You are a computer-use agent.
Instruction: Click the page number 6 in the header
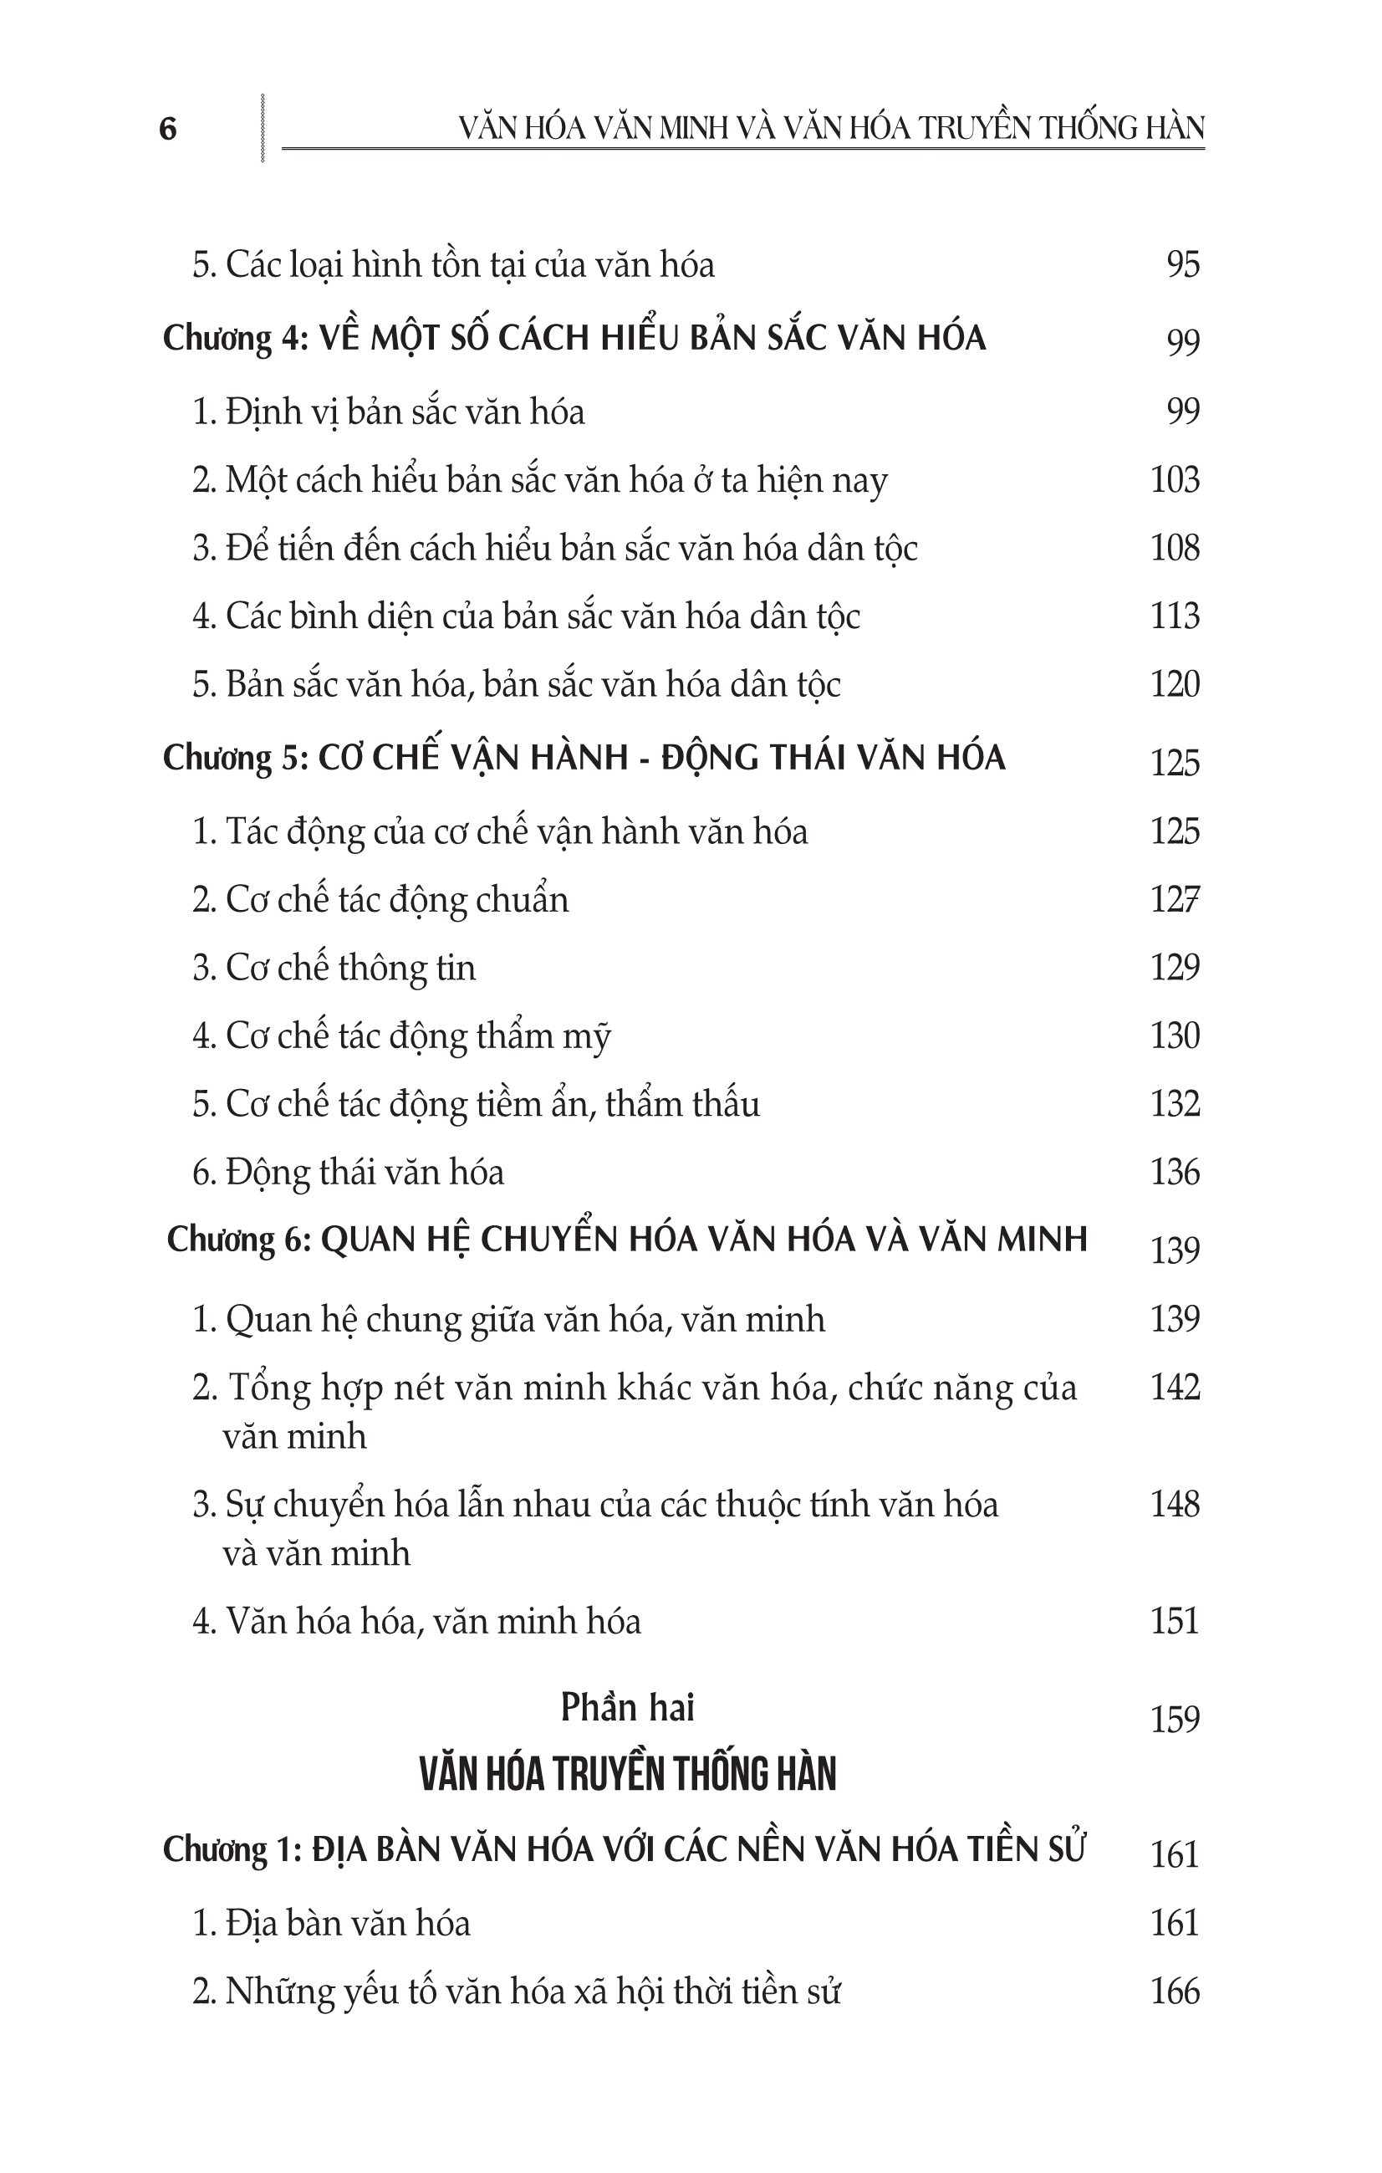(x=168, y=129)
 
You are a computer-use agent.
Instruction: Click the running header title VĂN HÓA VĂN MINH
(x=831, y=128)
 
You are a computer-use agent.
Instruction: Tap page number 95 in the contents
(x=1183, y=264)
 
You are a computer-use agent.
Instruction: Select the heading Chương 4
(x=574, y=339)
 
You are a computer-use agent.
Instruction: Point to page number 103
(x=1175, y=479)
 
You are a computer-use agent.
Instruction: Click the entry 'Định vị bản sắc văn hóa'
(x=389, y=412)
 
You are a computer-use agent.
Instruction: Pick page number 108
(x=1175, y=548)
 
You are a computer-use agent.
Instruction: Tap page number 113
(x=1175, y=616)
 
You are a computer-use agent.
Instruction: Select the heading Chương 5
(x=584, y=758)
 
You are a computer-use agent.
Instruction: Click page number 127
(x=1175, y=900)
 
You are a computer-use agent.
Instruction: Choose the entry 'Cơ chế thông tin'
(x=334, y=968)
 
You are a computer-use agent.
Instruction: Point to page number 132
(x=1175, y=1103)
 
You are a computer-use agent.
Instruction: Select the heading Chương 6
(x=627, y=1240)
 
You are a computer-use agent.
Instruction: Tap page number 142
(x=1175, y=1387)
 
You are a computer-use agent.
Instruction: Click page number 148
(x=1175, y=1505)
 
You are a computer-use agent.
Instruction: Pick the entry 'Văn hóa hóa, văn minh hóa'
(x=416, y=1622)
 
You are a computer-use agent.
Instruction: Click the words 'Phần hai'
(x=627, y=1707)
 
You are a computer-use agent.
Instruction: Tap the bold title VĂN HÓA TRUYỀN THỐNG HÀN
(x=628, y=1774)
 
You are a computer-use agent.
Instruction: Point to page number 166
(x=1175, y=1991)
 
